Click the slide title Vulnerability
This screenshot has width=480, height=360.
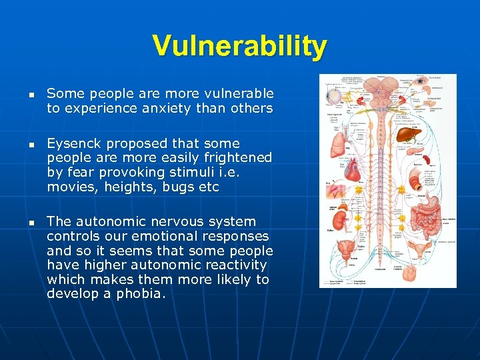(x=240, y=46)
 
